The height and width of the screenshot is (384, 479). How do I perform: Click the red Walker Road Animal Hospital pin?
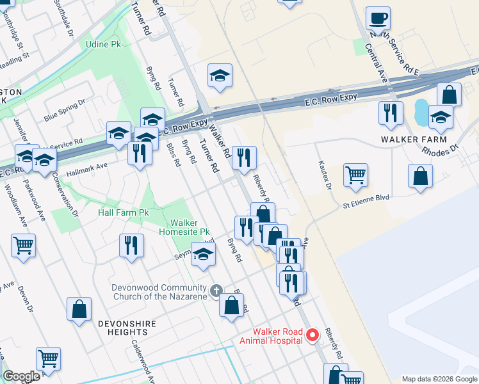[313, 335]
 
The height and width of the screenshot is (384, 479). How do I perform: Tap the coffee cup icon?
[378, 19]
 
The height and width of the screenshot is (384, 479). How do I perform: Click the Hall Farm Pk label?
[123, 212]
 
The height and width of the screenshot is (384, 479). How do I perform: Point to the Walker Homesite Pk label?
[190, 227]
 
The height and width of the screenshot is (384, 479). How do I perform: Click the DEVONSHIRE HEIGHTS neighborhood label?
[127, 328]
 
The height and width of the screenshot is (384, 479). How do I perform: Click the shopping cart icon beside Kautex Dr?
[355, 174]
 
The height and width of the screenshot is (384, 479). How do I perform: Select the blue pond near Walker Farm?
[421, 113]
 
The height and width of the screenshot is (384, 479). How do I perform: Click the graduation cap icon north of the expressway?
[220, 76]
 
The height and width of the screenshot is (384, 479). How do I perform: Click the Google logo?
[21, 376]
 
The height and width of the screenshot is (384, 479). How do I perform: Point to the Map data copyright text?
[439, 379]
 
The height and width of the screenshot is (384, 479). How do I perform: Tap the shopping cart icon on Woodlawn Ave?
[23, 244]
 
